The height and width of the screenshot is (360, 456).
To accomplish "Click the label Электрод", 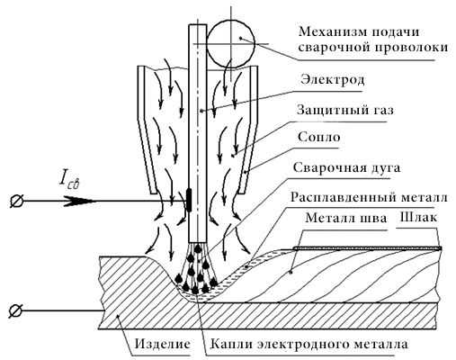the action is (333, 80).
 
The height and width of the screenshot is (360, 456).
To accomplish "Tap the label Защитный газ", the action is (345, 110).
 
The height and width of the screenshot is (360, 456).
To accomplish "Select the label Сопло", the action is (319, 137).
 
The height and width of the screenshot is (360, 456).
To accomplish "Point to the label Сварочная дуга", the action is (346, 167).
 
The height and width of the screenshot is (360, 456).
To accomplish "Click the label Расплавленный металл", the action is (369, 197).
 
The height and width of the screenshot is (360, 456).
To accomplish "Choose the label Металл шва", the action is (346, 218).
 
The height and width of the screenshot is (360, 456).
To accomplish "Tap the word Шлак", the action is (418, 218).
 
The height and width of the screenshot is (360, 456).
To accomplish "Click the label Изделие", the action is (162, 344).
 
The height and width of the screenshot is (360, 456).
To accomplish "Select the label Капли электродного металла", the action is (308, 344).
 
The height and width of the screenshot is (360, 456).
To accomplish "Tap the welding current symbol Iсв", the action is (69, 180).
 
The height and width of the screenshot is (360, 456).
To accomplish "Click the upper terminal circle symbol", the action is (15, 201).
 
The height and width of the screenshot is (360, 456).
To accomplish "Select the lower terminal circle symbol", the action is (15, 310).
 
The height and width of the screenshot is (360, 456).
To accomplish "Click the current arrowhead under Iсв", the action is (80, 201).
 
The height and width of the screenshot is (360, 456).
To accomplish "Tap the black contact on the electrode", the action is (189, 200).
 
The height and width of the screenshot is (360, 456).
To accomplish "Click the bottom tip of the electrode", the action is (198, 242).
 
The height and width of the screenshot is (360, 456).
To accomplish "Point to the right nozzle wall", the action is (248, 130).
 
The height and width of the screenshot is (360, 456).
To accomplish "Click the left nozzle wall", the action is (147, 130).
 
